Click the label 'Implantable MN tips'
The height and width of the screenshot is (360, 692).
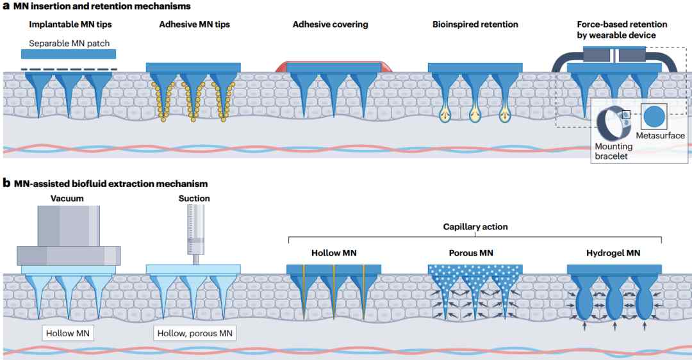[70, 25]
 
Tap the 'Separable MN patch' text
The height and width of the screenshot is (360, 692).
[69, 43]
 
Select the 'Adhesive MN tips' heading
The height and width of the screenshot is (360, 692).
[195, 25]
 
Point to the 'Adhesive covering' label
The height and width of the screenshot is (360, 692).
[330, 25]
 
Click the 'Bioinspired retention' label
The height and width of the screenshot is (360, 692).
[475, 25]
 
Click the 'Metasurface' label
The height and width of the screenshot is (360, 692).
[660, 135]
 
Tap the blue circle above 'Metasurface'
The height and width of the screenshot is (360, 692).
[654, 117]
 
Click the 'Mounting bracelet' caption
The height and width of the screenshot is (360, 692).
[613, 151]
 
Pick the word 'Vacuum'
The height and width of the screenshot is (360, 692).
[67, 199]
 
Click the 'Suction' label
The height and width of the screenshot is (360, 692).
[194, 199]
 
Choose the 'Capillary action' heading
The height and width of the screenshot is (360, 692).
[475, 227]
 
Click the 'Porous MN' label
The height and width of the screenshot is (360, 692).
[471, 253]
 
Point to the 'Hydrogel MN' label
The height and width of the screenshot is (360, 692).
[613, 253]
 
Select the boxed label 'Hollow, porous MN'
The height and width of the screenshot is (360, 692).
[195, 333]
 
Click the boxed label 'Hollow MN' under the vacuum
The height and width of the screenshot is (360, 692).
[67, 333]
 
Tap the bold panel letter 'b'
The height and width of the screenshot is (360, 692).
[6, 183]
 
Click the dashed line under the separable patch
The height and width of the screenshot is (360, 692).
[69, 69]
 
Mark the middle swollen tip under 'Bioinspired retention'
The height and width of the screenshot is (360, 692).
[475, 115]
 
